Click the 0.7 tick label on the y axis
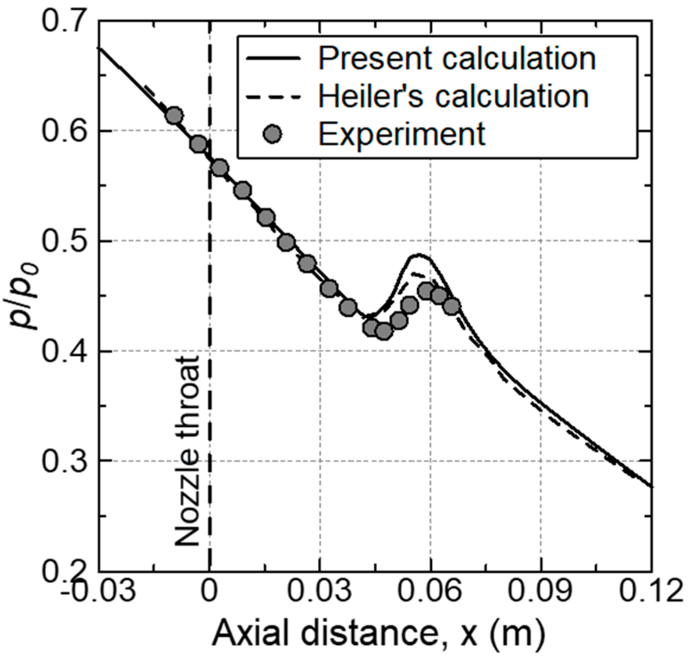[x=62, y=21]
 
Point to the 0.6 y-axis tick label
[x=62, y=131]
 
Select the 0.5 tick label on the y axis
[x=62, y=241]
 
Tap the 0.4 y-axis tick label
[x=62, y=351]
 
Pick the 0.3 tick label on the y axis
[x=62, y=461]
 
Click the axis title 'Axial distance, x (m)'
[x=378, y=634]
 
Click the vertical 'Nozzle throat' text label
[x=187, y=451]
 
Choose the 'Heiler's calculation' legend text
[x=453, y=96]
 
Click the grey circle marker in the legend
[x=272, y=134]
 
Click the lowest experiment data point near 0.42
[x=384, y=331]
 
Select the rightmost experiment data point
[x=452, y=306]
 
